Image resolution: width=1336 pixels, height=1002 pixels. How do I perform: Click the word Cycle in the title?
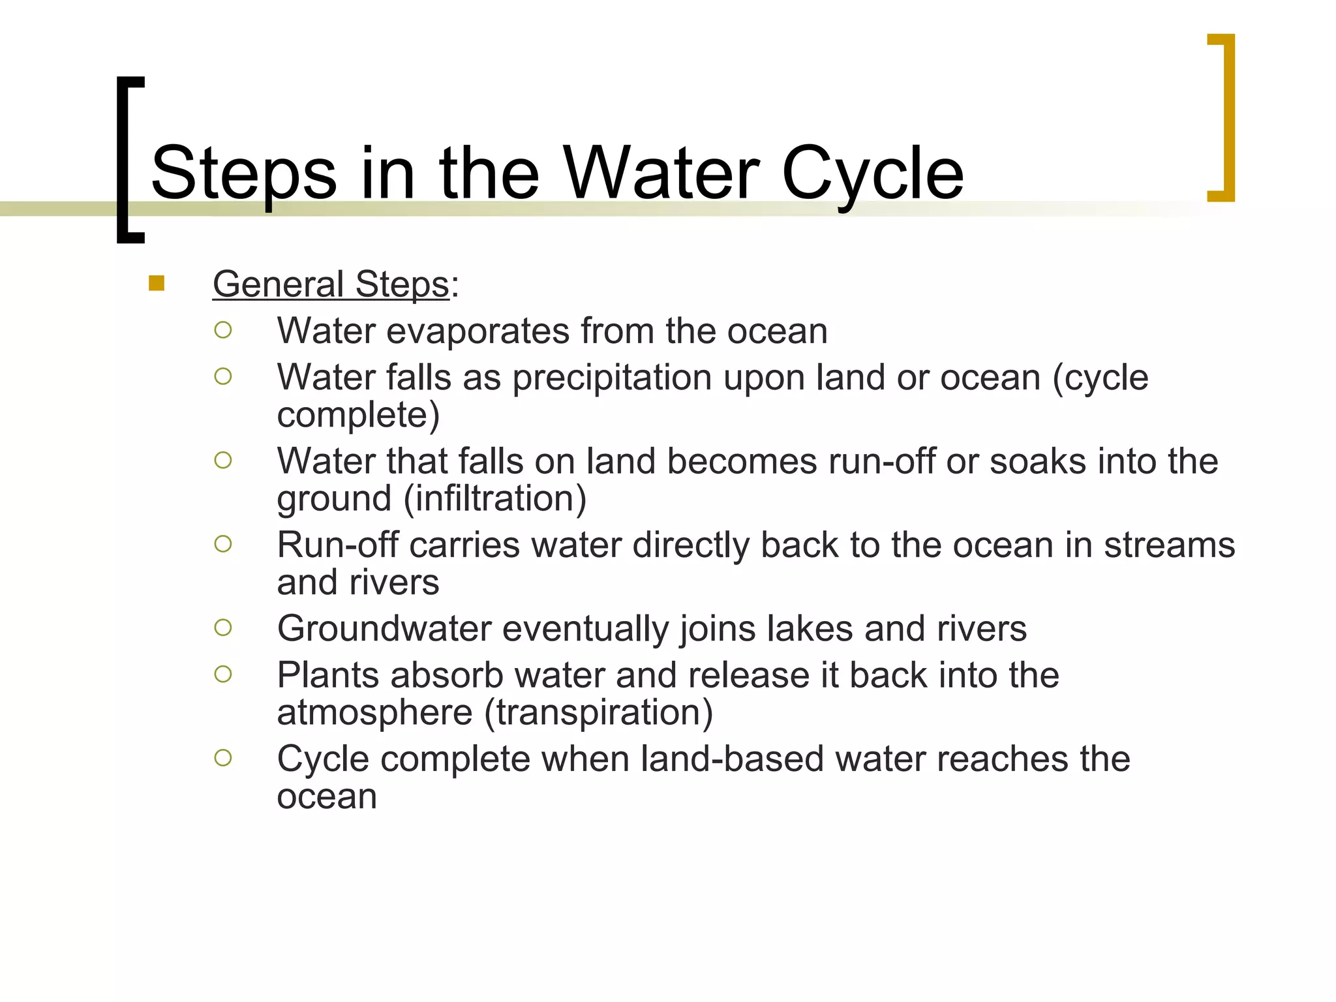tap(872, 174)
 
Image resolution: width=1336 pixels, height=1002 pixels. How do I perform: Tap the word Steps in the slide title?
tap(243, 174)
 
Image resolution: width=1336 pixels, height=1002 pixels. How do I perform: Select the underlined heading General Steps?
tap(331, 284)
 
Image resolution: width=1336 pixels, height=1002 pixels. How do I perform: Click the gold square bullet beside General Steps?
tap(157, 283)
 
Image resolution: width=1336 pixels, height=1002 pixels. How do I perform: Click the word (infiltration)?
tap(495, 498)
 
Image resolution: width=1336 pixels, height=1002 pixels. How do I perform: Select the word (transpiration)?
tap(598, 712)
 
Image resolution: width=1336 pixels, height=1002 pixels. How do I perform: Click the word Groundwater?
tap(384, 629)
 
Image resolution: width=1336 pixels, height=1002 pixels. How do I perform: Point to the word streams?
tap(1169, 545)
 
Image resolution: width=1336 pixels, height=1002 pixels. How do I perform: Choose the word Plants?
tap(327, 675)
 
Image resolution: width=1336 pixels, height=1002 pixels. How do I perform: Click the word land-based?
tap(732, 759)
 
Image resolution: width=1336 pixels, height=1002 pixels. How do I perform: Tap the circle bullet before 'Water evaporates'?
tap(222, 330)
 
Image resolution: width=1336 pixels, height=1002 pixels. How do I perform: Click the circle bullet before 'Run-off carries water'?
tap(222, 543)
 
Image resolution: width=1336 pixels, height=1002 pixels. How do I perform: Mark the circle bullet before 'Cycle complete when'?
tap(222, 757)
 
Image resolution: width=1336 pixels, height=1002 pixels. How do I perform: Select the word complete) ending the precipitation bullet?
tap(358, 415)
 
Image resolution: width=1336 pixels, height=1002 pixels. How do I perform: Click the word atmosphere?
tap(374, 712)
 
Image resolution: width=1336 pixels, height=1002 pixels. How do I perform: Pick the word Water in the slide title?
tap(661, 174)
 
